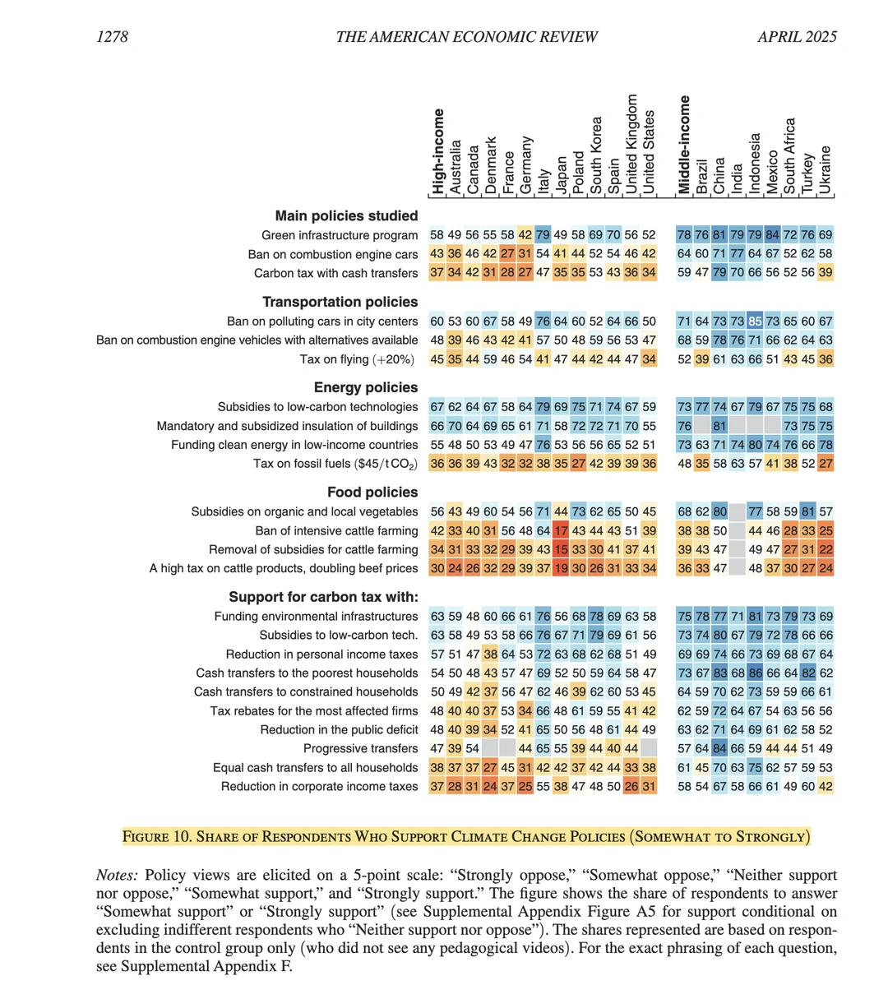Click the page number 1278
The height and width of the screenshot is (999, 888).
click(112, 36)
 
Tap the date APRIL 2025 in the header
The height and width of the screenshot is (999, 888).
click(797, 36)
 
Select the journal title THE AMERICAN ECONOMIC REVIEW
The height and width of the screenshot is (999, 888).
click(466, 36)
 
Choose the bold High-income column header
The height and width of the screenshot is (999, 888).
click(437, 151)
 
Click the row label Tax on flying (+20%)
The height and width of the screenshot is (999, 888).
click(358, 359)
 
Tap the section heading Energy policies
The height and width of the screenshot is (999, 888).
click(366, 387)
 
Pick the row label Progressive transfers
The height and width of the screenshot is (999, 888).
click(360, 748)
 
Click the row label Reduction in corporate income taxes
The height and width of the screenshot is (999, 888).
click(319, 786)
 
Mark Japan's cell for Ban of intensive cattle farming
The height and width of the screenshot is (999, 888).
click(561, 530)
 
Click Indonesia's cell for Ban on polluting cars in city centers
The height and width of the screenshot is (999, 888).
click(755, 321)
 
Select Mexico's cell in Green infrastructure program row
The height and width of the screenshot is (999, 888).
click(773, 235)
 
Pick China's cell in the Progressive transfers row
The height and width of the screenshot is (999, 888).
click(719, 748)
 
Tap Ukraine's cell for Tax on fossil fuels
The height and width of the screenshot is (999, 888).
click(826, 464)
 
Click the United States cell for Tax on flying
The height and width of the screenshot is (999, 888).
click(649, 359)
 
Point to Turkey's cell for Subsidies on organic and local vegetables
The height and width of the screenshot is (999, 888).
click(808, 511)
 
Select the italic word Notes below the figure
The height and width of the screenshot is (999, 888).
click(116, 875)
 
